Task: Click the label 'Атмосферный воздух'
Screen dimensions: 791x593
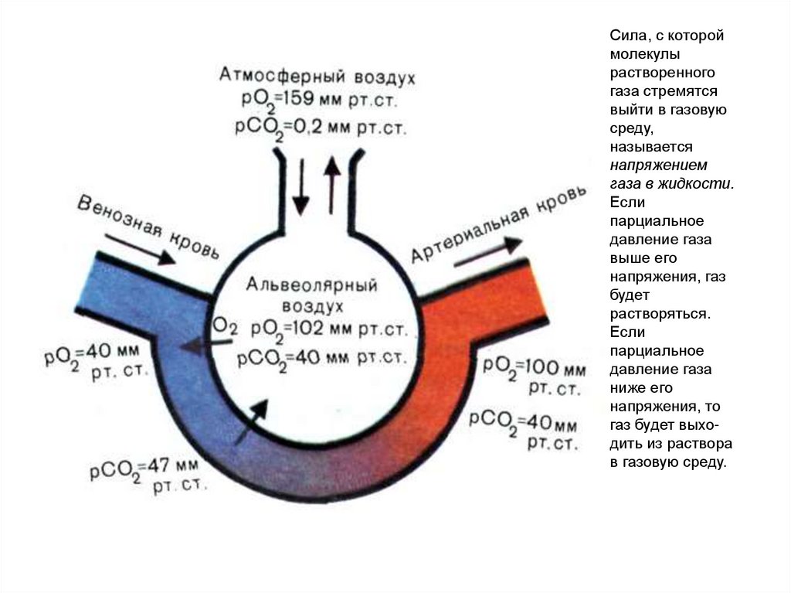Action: click(x=317, y=77)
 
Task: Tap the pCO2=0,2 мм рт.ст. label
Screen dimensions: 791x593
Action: click(x=317, y=127)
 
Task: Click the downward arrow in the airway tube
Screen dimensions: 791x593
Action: click(x=300, y=186)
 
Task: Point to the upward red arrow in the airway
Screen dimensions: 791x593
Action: click(x=332, y=186)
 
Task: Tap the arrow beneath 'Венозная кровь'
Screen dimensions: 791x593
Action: click(x=140, y=252)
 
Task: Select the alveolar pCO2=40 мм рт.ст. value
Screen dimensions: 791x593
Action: click(x=321, y=357)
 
